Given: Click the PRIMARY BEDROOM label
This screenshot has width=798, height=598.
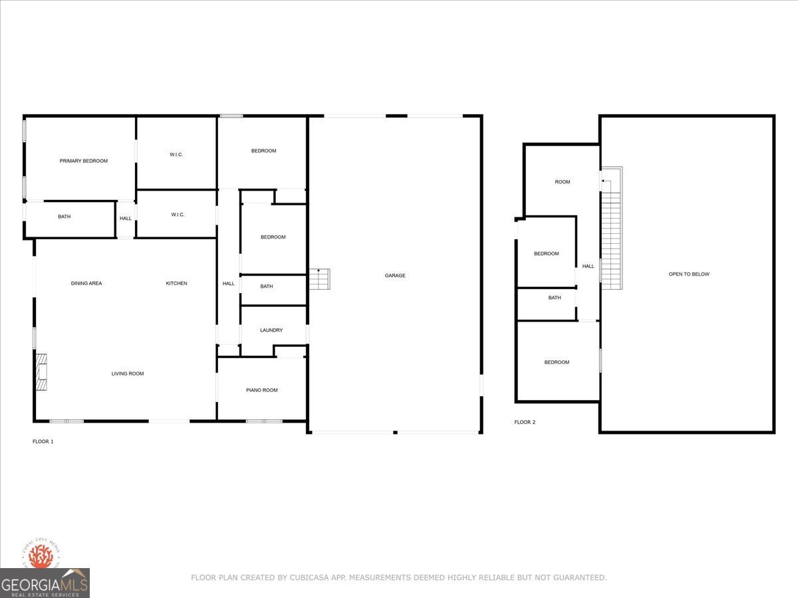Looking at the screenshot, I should [83, 161].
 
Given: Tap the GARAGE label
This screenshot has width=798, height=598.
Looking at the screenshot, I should [394, 276].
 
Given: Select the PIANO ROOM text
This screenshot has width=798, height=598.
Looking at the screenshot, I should [261, 390].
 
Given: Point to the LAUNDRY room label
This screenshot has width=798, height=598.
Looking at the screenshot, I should [271, 330].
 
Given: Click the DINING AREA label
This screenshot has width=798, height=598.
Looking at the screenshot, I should [86, 284].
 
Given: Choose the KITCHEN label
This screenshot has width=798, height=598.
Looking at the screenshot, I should [176, 284].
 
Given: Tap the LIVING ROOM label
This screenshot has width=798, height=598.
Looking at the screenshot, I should [127, 374].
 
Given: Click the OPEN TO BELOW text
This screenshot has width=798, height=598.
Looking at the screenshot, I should [688, 274].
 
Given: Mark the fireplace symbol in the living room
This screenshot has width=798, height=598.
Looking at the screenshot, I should [43, 372].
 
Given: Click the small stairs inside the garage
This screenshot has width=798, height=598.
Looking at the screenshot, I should [319, 279].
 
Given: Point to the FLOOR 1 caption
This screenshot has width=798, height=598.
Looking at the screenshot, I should [43, 441].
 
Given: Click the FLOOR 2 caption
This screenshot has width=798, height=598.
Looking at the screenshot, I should [524, 422].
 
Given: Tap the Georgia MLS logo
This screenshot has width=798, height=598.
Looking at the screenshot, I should [45, 583].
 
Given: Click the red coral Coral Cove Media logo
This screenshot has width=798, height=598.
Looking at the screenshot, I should [41, 556].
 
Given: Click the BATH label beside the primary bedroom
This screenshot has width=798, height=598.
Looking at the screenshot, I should [65, 217].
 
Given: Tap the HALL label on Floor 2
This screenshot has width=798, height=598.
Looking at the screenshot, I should [588, 266].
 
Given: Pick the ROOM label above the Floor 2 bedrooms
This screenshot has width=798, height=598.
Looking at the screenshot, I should [562, 182].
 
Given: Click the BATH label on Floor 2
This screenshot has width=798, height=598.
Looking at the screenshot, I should [554, 298].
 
